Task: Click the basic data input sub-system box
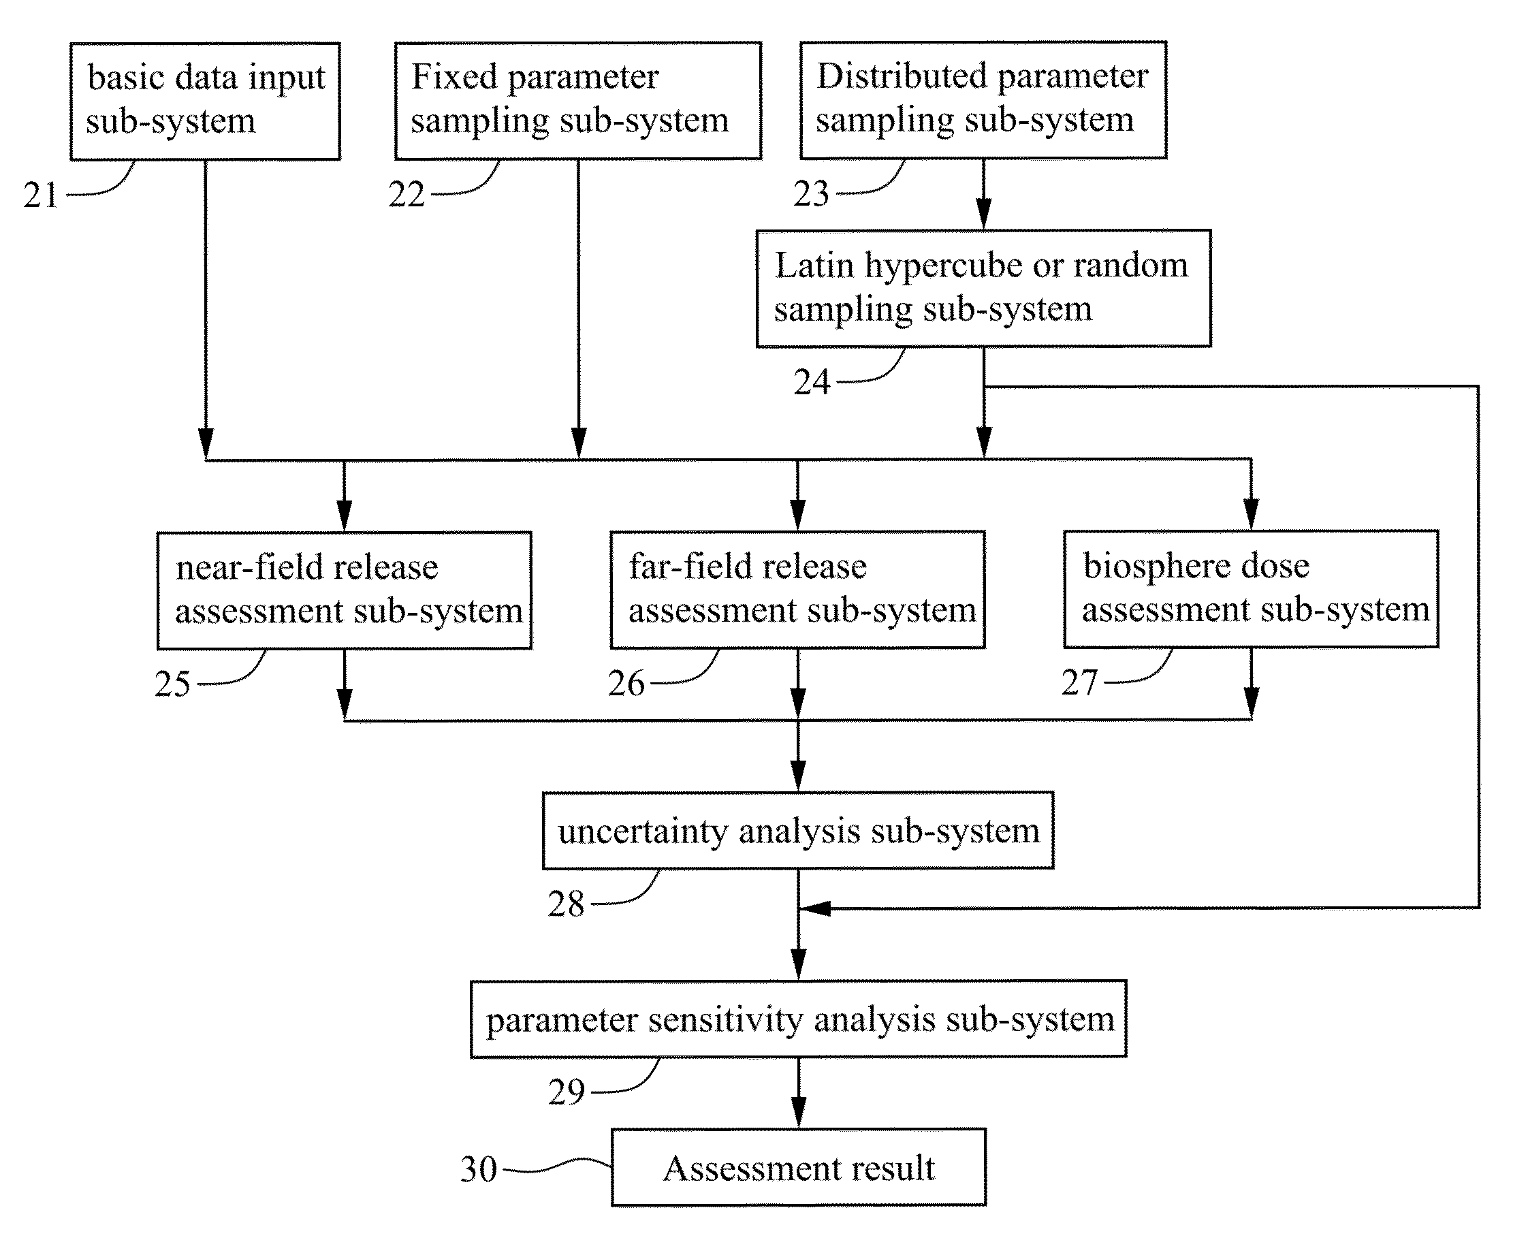coord(205,101)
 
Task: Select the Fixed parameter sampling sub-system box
coord(578,101)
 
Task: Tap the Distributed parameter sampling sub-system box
coord(984,100)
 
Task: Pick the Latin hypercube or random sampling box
coord(984,289)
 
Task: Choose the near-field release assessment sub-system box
coord(345,590)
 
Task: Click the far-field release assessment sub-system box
coord(798,590)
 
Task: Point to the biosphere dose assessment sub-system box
coord(1251,589)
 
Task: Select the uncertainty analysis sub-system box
coord(798,831)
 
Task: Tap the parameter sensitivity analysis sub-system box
coord(799,1019)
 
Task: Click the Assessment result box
coord(799,1168)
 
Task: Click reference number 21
coord(40,195)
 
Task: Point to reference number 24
coord(812,383)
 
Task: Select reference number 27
coord(1079,682)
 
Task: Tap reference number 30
coord(479,1170)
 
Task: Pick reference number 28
coord(566,904)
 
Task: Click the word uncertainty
coord(643,831)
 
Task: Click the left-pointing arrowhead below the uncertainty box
coord(814,908)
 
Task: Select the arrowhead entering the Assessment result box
coord(799,1112)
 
